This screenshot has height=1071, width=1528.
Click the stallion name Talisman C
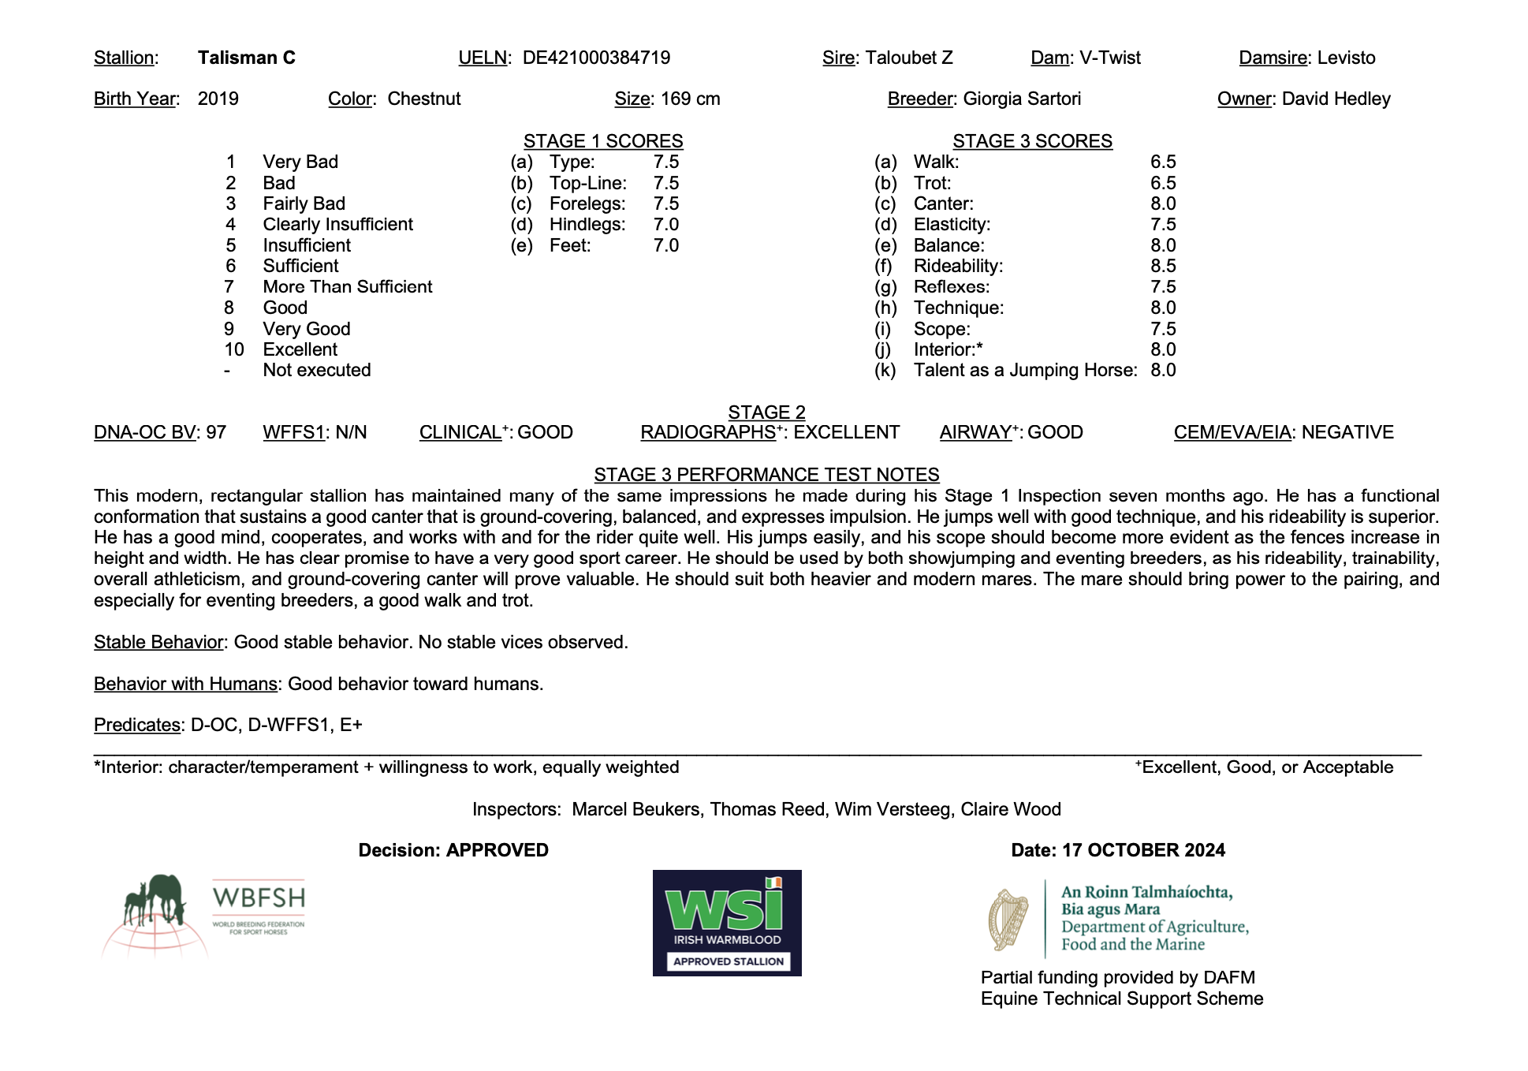(246, 58)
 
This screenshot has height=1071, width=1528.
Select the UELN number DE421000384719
(596, 58)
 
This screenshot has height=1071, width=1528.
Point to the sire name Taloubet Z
(909, 58)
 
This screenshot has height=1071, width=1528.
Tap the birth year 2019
(218, 99)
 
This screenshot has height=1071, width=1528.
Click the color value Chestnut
(424, 99)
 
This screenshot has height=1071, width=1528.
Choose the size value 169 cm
(690, 99)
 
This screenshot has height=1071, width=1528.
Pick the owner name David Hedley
(1336, 99)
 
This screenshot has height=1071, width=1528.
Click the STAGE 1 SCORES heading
(603, 141)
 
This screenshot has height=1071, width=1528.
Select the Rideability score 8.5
(1163, 266)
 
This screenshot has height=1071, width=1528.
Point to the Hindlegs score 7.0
(666, 224)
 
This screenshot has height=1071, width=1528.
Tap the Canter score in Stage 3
(1163, 203)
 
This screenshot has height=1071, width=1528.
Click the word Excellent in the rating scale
(300, 349)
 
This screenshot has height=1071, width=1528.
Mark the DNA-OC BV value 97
(216, 432)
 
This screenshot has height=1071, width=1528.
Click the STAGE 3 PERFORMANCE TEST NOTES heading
(766, 475)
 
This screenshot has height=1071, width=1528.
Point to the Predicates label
(137, 725)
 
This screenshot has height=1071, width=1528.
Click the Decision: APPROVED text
(453, 850)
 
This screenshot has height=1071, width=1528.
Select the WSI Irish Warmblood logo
(727, 923)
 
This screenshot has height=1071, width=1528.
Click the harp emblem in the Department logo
(1008, 920)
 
